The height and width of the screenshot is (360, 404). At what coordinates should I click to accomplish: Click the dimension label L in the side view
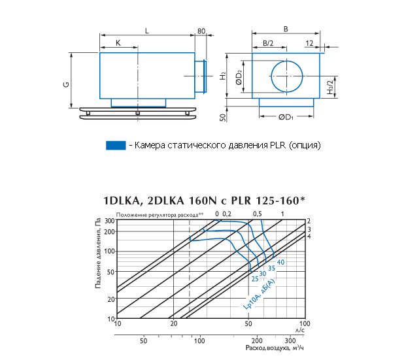[147, 31]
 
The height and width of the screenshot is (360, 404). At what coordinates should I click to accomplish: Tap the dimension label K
[118, 43]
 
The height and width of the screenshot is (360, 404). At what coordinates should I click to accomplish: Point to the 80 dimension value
[201, 31]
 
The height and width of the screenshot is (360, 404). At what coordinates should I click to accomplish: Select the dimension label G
[66, 84]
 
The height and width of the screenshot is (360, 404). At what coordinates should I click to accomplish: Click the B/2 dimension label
[268, 43]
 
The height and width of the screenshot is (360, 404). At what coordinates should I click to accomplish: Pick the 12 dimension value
[309, 43]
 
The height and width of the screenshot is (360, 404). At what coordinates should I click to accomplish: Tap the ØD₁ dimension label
[286, 117]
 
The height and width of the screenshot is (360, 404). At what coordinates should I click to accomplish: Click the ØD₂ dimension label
[239, 78]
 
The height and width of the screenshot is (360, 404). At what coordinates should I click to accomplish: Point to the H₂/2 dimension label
[330, 87]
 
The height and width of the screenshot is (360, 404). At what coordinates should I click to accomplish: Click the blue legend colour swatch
[116, 145]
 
